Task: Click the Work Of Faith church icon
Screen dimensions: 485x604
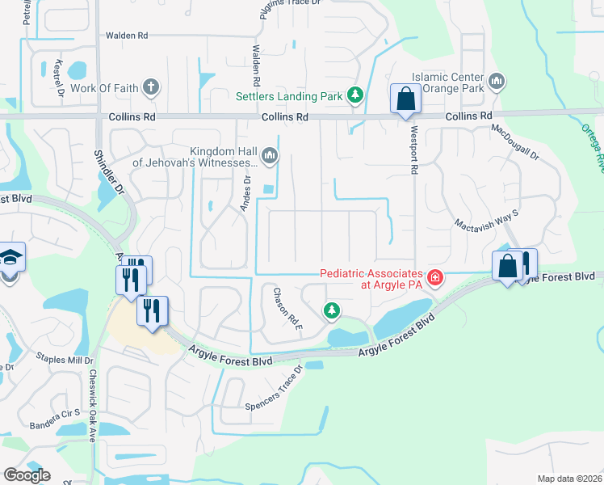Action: coord(150,87)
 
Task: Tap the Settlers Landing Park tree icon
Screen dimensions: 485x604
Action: coord(354,96)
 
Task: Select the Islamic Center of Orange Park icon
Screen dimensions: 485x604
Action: coord(497,82)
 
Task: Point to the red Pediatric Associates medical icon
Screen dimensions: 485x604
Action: coord(435,278)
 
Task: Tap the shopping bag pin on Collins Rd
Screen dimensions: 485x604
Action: coord(405,100)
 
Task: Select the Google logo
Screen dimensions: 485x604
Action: coord(27,475)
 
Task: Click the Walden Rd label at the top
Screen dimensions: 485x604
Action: coord(127,36)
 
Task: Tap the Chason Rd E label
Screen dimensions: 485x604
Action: coord(287,308)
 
